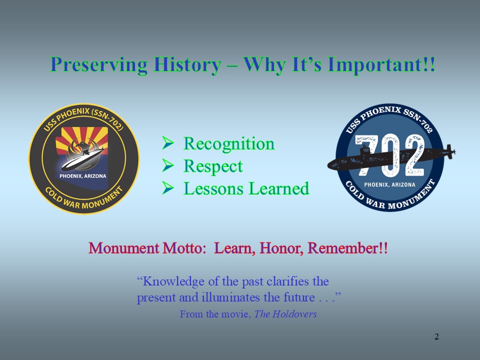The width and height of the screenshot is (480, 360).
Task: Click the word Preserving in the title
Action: [x=99, y=65]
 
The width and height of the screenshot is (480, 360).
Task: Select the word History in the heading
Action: [x=187, y=65]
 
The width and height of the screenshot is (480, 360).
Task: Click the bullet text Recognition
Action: [x=229, y=144]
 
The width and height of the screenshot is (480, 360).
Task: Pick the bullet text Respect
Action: [x=213, y=166]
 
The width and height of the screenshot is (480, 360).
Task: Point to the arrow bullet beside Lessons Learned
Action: [x=168, y=187]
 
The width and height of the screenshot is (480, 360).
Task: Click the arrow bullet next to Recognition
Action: [x=168, y=142]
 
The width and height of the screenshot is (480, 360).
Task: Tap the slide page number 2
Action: [x=436, y=336]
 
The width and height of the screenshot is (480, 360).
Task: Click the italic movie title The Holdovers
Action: [x=285, y=314]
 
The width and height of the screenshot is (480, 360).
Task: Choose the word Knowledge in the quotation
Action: [x=173, y=281]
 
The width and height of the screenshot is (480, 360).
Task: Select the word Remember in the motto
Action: [x=343, y=248]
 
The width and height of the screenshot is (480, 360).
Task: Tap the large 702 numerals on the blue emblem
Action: [x=389, y=155]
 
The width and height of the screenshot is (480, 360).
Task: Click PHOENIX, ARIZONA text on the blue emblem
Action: [x=389, y=184]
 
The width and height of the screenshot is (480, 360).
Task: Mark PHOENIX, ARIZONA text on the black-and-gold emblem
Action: [x=83, y=176]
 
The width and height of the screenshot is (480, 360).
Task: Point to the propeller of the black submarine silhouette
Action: [x=450, y=151]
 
